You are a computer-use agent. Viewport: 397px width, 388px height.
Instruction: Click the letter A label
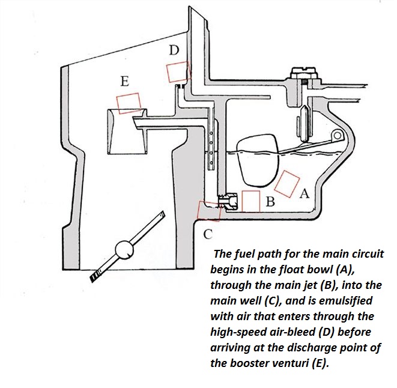tap(303, 194)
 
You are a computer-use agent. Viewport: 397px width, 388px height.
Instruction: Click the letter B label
tap(270, 202)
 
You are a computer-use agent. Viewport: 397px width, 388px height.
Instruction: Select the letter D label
tap(174, 51)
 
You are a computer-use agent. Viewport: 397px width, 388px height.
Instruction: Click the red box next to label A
tap(288, 183)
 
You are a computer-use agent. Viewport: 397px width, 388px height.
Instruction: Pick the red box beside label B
tap(250, 201)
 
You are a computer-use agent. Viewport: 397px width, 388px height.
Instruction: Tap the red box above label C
tap(209, 210)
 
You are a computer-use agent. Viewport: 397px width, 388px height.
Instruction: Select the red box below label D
tap(178, 72)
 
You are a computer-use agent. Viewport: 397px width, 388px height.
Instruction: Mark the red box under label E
tap(129, 102)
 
